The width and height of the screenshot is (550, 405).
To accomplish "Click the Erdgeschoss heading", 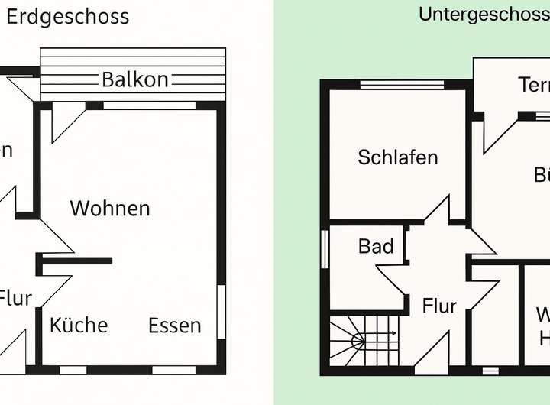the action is tap(68, 17).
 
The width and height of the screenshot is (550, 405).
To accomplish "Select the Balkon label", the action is tap(135, 79).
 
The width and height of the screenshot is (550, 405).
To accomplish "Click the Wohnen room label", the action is tap(110, 208).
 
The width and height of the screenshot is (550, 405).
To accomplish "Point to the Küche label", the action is tap(79, 325).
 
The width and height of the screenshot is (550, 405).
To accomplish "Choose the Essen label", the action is tap(175, 326).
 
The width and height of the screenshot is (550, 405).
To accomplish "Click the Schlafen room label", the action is tap(398, 157).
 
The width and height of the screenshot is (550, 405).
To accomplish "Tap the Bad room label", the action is tap(376, 246).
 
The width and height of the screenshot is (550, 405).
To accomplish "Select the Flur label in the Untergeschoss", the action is tap(439, 306).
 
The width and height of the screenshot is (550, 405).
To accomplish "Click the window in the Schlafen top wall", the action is tap(397, 85).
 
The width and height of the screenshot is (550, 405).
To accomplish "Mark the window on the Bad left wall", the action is tap(325, 248).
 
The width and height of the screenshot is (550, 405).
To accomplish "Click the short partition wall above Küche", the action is tap(77, 261).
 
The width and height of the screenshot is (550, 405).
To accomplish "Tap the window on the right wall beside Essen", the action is tap(221, 310).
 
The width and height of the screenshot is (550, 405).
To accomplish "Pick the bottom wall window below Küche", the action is tap(73, 371).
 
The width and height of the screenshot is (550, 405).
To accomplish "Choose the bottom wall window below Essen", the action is tap(163, 371).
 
